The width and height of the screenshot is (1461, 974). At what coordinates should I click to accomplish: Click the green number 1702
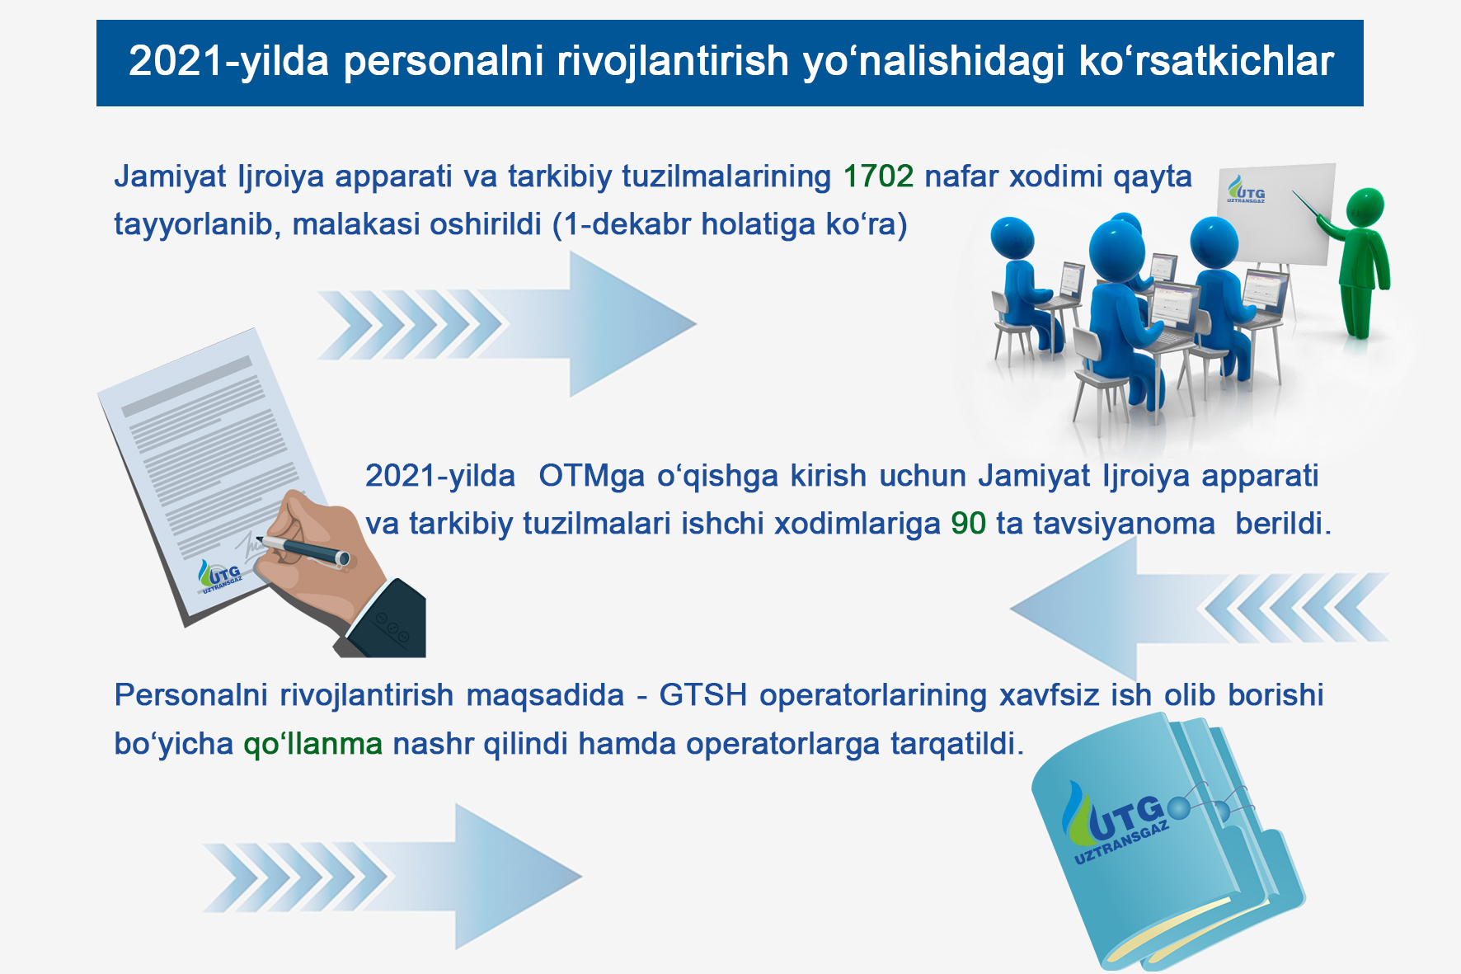click(x=878, y=176)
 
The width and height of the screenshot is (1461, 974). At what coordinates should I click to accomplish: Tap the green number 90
click(x=968, y=524)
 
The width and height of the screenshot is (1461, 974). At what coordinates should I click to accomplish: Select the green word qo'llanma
click(x=313, y=744)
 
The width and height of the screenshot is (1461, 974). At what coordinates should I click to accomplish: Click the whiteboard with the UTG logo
click(x=1275, y=214)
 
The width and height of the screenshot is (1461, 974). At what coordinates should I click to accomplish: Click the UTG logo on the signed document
click(x=221, y=576)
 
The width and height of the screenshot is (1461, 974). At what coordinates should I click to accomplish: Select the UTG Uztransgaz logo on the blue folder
click(x=1117, y=824)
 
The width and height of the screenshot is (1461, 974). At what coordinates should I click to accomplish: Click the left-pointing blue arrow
click(x=1200, y=609)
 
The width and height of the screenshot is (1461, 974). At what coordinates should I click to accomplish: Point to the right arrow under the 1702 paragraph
click(x=507, y=324)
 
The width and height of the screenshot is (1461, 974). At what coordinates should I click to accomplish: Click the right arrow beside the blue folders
click(x=392, y=877)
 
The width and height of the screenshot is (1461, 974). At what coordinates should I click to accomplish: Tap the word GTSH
click(x=703, y=695)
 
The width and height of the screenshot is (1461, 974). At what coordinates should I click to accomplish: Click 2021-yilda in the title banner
click(x=228, y=62)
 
